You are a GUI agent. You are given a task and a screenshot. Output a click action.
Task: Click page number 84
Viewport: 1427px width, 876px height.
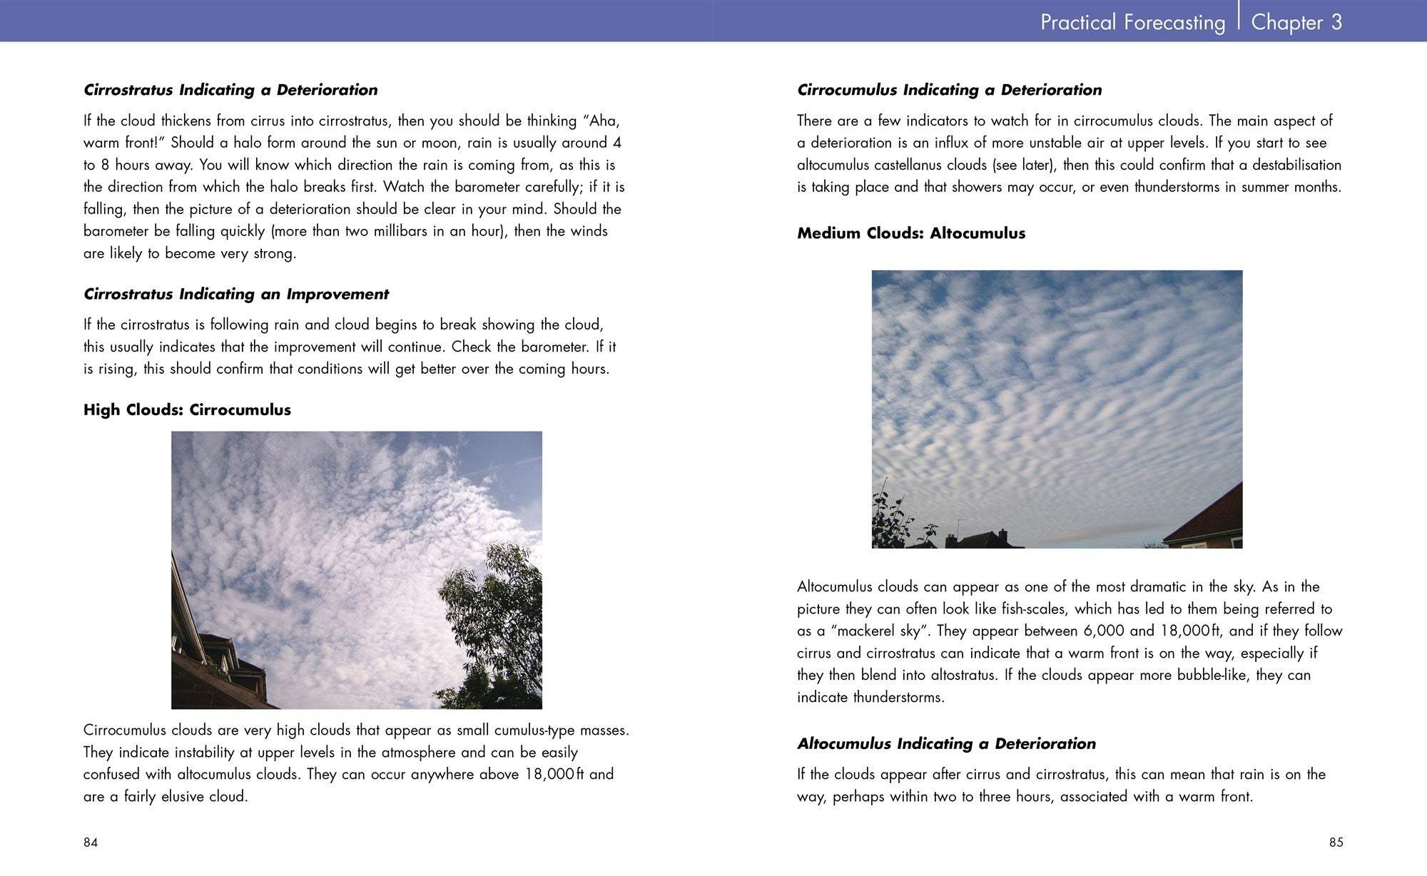point(91,842)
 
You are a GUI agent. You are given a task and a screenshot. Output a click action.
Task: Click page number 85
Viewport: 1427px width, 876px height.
point(1336,842)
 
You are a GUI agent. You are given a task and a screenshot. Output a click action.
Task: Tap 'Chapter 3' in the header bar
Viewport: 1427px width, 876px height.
point(1296,22)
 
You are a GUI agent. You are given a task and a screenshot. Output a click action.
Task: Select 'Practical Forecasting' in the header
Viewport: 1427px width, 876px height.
point(1132,22)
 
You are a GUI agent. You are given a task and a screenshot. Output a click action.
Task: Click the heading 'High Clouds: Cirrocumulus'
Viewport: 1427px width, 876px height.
point(187,410)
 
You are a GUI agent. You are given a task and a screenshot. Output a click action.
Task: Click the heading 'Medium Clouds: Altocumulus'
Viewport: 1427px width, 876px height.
point(910,233)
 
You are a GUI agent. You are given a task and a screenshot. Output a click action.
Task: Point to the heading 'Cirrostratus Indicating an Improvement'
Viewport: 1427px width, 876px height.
point(235,294)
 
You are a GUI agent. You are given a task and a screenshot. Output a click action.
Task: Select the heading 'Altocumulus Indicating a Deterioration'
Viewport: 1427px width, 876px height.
point(946,743)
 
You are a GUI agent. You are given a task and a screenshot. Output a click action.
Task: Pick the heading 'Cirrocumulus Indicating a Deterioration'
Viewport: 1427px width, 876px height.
point(949,90)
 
